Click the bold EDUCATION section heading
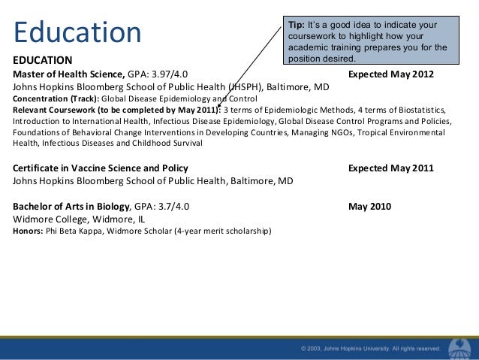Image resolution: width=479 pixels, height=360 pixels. (x=43, y=60)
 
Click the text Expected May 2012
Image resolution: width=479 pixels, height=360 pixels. (x=390, y=74)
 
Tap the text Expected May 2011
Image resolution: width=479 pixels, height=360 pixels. (x=390, y=168)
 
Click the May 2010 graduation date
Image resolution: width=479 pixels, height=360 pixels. (x=370, y=206)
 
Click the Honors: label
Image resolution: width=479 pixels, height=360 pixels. (x=29, y=231)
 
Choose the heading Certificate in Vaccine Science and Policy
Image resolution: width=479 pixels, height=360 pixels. (x=101, y=168)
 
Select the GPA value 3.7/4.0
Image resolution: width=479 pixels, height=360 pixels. (x=173, y=206)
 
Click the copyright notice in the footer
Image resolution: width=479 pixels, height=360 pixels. (x=370, y=349)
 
